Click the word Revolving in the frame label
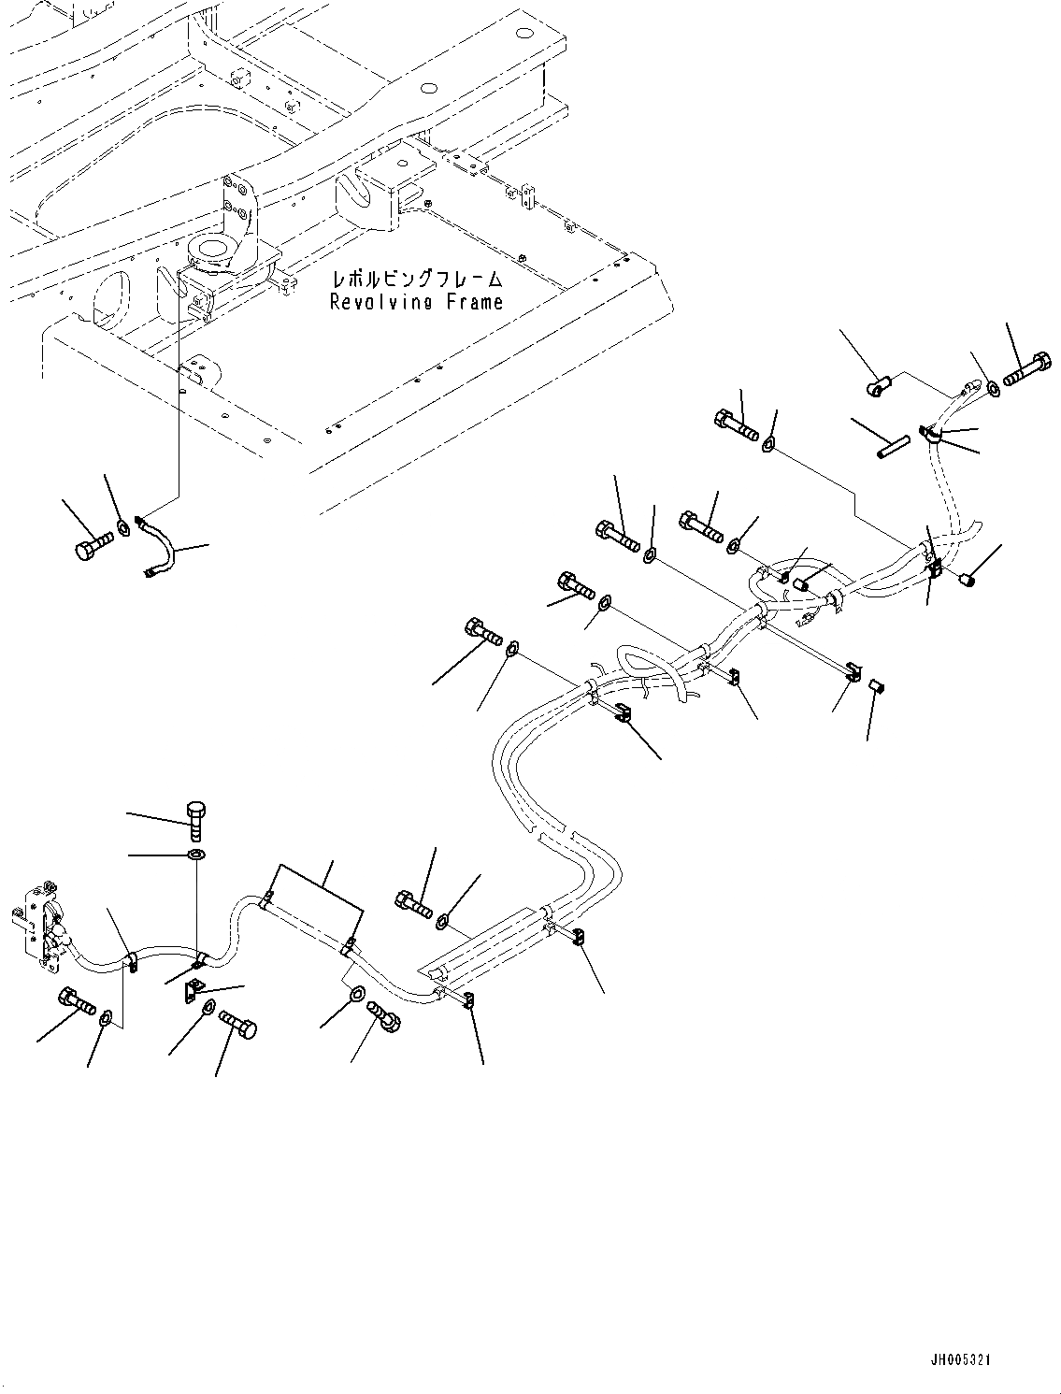378,302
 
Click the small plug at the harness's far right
969,581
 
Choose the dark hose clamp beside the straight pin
933,434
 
